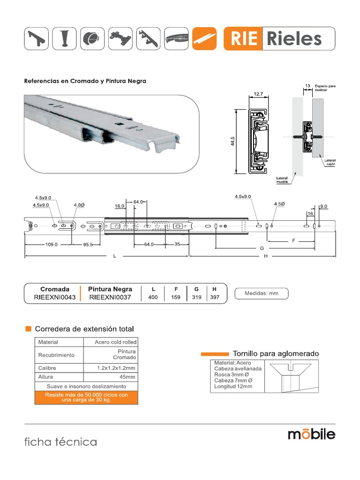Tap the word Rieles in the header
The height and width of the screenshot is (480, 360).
pyautogui.click(x=294, y=38)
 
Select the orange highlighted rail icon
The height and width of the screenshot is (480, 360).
pyautogui.click(x=205, y=38)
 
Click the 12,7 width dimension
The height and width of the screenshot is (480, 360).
pyautogui.click(x=258, y=95)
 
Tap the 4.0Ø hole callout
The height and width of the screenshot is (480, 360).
pyautogui.click(x=79, y=205)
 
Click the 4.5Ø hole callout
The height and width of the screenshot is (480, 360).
pyautogui.click(x=279, y=204)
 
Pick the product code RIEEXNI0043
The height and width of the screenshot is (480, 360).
pyautogui.click(x=55, y=297)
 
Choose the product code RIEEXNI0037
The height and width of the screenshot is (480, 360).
pyautogui.click(x=110, y=297)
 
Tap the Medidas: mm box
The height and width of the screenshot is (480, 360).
pyautogui.click(x=261, y=293)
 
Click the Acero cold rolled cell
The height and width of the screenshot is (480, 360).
pyautogui.click(x=115, y=342)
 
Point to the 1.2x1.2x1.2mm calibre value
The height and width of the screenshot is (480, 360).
pyautogui.click(x=116, y=368)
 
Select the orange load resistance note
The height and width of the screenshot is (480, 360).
pyautogui.click(x=86, y=397)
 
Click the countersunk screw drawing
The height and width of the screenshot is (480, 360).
pyautogui.click(x=292, y=376)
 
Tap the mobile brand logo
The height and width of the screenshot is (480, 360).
pyautogui.click(x=311, y=434)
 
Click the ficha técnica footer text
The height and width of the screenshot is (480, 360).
pyautogui.click(x=61, y=442)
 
